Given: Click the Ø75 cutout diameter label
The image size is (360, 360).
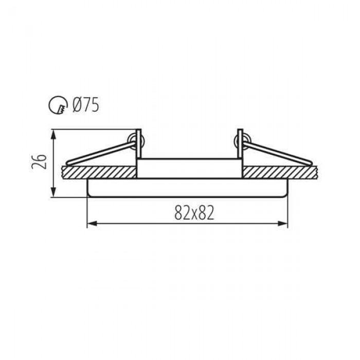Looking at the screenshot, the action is point(85,105).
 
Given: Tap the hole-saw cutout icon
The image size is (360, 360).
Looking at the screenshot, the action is point(58,105).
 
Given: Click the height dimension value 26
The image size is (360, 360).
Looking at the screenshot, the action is point(39,162).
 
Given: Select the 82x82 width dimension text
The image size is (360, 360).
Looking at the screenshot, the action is point(194,212).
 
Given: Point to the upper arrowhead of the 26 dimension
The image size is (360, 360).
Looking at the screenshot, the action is point(53,134).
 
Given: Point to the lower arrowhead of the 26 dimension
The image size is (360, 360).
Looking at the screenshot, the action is point(53,192).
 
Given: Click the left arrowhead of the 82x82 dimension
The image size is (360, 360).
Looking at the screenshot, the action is point(92,223).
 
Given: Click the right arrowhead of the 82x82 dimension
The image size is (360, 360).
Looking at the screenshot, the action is point(283,223).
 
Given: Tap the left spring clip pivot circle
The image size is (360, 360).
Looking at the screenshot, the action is point(135,141).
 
